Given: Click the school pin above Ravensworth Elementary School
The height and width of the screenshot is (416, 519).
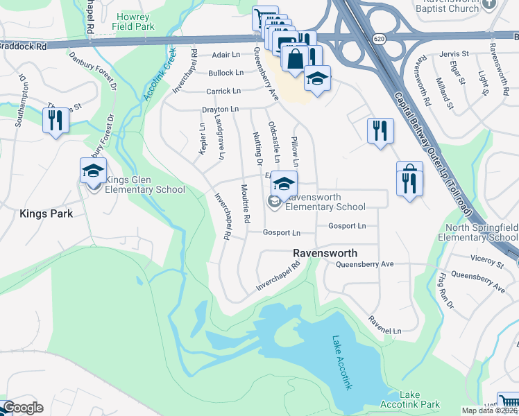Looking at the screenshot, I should coord(283,184).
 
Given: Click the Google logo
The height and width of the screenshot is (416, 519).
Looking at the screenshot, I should coord(22,408).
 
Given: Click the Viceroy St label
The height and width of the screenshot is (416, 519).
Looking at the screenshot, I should coord(486,263).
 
